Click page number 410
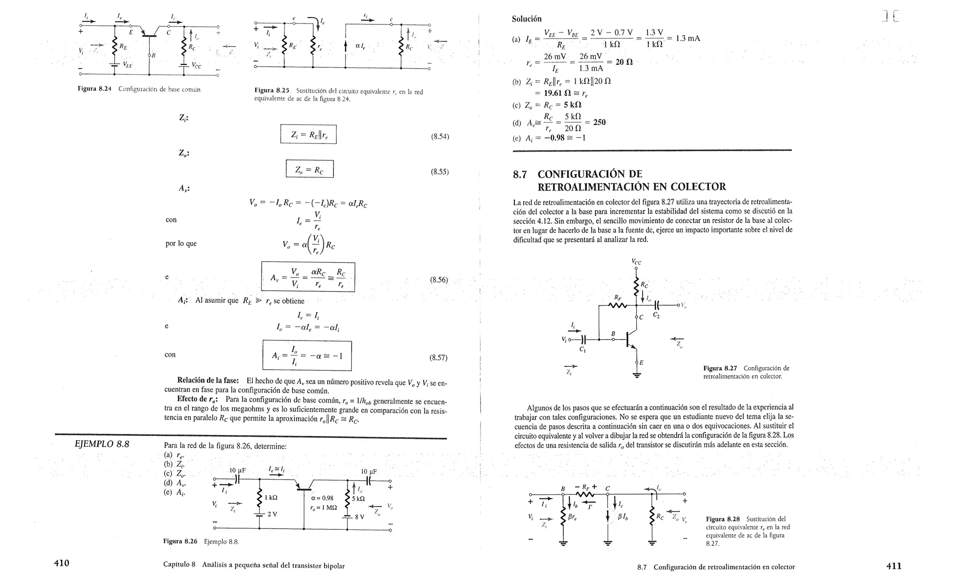point(62,563)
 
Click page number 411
point(893,566)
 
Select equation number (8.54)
point(440,136)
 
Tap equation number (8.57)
point(438,357)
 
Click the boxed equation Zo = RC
point(309,169)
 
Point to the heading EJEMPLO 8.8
point(102,444)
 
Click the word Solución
point(527,19)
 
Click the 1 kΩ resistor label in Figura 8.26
point(271,498)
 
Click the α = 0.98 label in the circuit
point(322,498)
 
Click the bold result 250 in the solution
point(599,122)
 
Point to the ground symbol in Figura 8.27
point(637,375)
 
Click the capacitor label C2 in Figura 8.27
point(656,316)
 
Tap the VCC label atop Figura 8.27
point(636,262)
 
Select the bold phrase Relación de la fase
point(208,380)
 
